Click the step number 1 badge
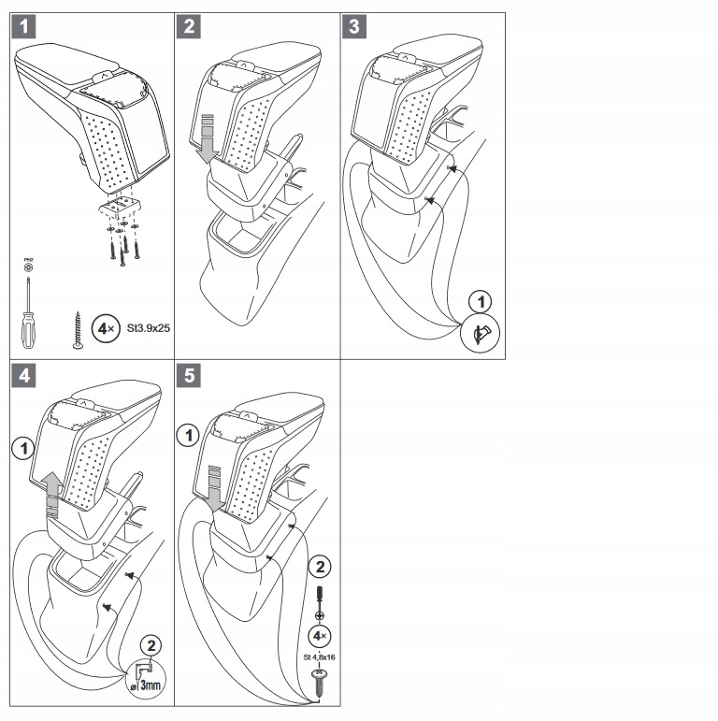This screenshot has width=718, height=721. pyautogui.click(x=26, y=27)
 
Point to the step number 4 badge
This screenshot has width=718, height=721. pyautogui.click(x=26, y=375)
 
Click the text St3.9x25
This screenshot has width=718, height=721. pyautogui.click(x=145, y=329)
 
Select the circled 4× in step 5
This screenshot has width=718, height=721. pyautogui.click(x=318, y=636)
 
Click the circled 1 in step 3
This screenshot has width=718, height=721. pyautogui.click(x=482, y=302)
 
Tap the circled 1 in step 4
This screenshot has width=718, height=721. pyautogui.click(x=22, y=448)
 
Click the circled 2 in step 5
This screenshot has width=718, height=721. pyautogui.click(x=318, y=566)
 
